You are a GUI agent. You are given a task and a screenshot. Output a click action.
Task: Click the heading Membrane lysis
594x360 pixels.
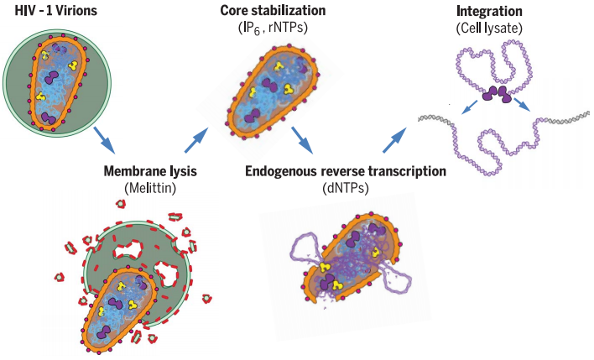tap(150, 171)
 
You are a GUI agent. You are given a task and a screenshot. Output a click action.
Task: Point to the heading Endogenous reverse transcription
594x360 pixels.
tap(344, 171)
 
